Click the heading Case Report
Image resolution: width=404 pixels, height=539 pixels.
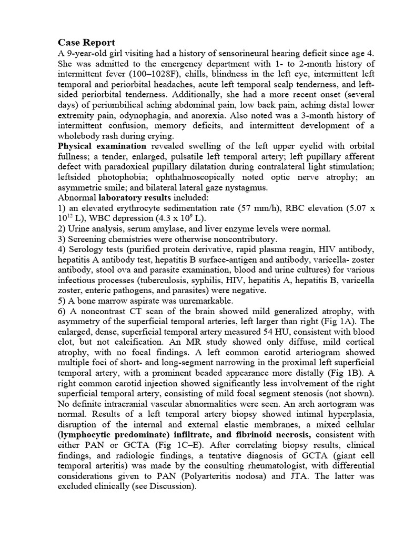pos(86,42)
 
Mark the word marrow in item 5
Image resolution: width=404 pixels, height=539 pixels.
pos(112,300)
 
